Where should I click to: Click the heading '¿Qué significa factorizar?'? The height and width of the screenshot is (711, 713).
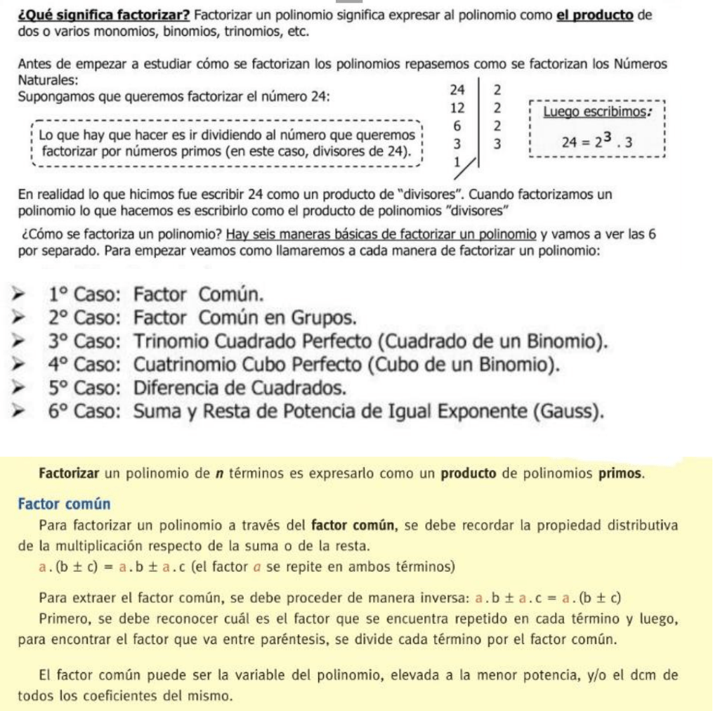tap(105, 14)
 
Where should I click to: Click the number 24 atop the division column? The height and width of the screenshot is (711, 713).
tap(458, 90)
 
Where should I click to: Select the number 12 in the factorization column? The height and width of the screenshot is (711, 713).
tap(458, 108)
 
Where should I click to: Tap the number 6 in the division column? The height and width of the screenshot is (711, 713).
tap(458, 126)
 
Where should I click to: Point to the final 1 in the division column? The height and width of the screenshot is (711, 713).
tap(457, 162)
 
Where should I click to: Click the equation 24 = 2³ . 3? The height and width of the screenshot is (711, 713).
tap(598, 143)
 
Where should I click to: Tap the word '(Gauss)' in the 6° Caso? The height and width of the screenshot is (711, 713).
tap(568, 412)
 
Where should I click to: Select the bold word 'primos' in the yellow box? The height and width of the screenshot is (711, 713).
tap(620, 473)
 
